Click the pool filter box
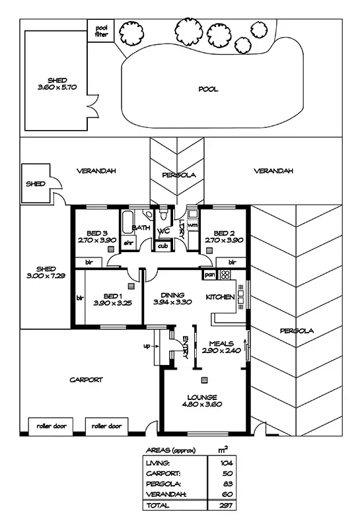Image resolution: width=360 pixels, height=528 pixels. point(101,31)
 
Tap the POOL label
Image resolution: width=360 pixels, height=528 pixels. point(208,89)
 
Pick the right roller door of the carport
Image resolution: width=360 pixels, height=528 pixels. point(106,426)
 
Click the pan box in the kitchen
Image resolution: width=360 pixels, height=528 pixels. point(210,274)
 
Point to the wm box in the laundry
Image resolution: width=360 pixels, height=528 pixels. point(193,226)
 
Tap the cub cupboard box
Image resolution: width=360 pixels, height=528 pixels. point(162,246)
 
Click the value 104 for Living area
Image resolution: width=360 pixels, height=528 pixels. point(227,463)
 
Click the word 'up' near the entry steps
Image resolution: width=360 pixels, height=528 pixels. point(147,345)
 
